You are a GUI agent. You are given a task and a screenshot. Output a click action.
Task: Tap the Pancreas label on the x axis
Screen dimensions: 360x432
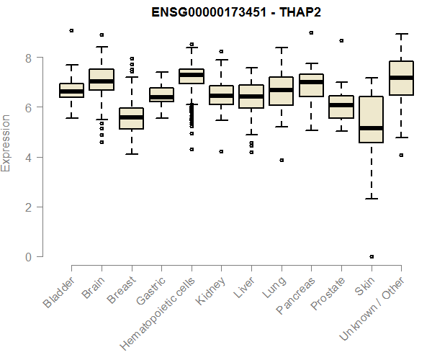292,295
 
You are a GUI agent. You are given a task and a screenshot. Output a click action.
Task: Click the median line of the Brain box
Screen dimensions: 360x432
101,81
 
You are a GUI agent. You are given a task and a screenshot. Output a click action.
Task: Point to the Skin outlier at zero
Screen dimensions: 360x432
371,256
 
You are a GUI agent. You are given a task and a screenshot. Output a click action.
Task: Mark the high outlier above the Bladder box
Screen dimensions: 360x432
71,30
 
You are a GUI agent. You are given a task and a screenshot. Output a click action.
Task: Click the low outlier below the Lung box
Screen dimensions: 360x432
282,160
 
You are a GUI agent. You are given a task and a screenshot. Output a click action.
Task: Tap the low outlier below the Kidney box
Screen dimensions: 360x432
221,151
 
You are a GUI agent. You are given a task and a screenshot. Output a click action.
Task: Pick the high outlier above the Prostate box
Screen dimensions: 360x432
341,40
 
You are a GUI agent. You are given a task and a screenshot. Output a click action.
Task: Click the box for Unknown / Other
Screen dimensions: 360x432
401,78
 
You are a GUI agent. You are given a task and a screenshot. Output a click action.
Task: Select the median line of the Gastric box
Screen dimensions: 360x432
161,97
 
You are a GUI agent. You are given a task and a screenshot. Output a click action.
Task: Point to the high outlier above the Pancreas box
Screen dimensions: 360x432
311,32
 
